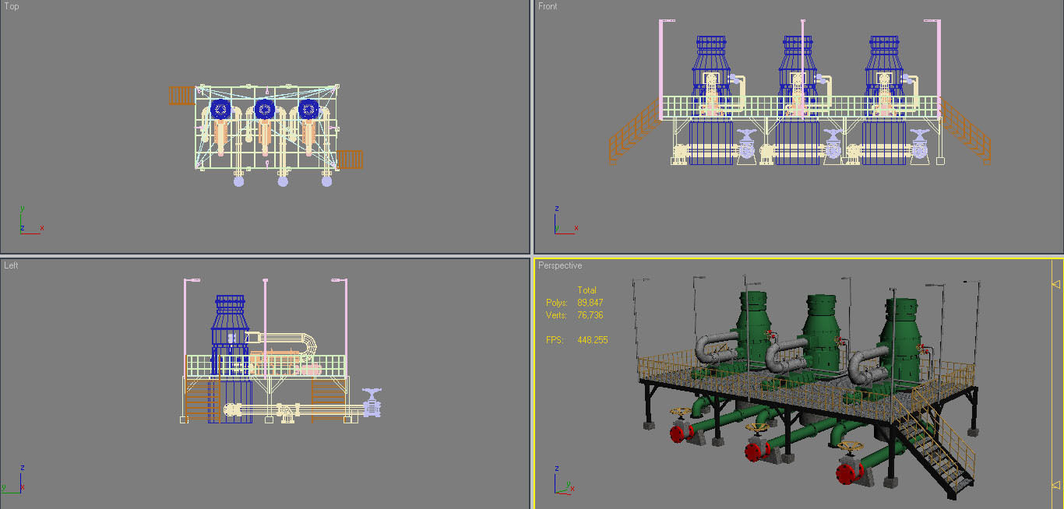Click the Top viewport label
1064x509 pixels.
point(12,6)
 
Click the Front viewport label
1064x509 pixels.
point(548,6)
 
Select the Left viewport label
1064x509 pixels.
point(11,265)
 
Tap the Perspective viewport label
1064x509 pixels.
point(559,265)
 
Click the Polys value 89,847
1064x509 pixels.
point(590,303)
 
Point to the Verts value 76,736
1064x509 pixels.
point(590,315)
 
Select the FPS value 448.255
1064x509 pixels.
point(592,340)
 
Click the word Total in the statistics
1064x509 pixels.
point(587,290)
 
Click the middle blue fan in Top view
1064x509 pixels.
point(265,109)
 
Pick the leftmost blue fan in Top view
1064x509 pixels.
point(221,109)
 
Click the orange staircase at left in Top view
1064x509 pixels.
point(181,96)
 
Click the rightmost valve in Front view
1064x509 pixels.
point(919,145)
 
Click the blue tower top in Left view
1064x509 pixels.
point(230,305)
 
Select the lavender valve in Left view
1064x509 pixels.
point(372,402)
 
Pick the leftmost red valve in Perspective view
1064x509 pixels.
point(682,432)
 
